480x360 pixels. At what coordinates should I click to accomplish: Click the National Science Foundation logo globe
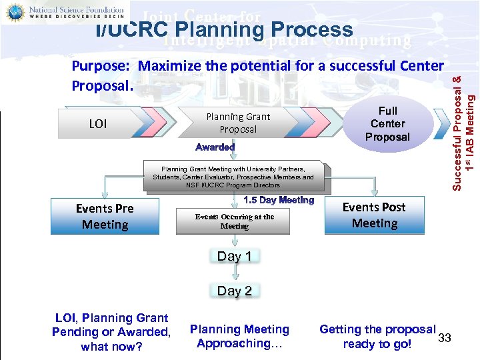(x=15, y=12)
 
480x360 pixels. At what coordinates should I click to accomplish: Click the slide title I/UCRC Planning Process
(x=224, y=30)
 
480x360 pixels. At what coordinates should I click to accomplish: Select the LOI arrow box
(x=99, y=123)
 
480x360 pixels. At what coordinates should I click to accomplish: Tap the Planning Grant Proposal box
(x=238, y=123)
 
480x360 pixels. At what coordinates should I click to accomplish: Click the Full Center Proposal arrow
(x=388, y=124)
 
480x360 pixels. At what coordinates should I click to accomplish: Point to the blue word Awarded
(x=215, y=147)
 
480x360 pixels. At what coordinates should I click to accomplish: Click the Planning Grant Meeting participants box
(x=233, y=177)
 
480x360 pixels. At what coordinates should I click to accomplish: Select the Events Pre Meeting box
(x=105, y=217)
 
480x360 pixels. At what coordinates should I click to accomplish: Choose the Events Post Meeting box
(x=374, y=215)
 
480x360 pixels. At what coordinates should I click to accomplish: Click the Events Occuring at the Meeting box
(x=234, y=221)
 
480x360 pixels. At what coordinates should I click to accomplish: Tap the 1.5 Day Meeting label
(x=279, y=200)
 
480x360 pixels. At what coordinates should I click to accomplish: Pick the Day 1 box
(x=234, y=256)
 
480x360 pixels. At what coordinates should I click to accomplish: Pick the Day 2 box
(x=234, y=291)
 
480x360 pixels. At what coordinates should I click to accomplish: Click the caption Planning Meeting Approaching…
(x=239, y=336)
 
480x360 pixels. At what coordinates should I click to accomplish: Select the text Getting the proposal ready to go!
(x=377, y=336)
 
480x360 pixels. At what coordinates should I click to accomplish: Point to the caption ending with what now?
(x=111, y=332)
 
